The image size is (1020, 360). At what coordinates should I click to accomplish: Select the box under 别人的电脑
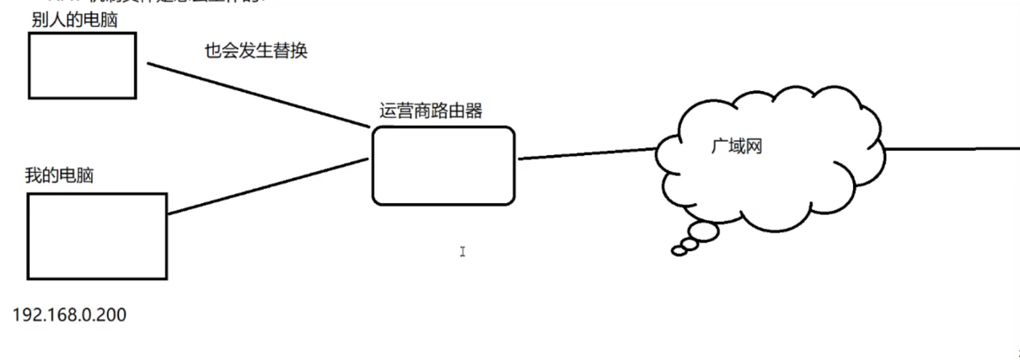tap(82, 66)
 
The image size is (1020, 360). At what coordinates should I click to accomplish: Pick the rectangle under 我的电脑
tap(96, 236)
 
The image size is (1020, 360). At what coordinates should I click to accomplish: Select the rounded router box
tap(443, 165)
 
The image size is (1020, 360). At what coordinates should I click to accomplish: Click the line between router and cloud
tap(586, 153)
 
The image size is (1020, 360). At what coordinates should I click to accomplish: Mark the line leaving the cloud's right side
tap(953, 149)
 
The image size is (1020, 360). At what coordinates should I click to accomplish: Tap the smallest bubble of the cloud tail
tap(678, 250)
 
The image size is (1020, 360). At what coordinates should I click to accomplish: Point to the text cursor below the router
tap(462, 251)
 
